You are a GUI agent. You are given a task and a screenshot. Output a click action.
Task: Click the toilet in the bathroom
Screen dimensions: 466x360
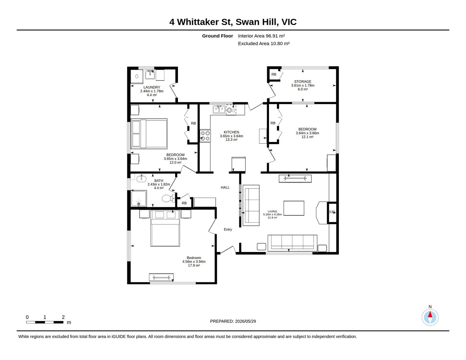[168, 198]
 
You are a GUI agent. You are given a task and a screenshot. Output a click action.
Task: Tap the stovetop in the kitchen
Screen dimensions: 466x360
[205, 136]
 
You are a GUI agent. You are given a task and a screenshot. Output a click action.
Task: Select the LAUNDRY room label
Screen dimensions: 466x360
[152, 87]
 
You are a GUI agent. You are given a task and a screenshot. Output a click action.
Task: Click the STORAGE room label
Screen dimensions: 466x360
[303, 81]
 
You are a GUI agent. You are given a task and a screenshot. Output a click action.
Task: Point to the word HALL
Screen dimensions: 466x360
[225, 187]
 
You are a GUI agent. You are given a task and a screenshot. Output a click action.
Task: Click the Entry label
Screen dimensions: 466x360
[228, 229]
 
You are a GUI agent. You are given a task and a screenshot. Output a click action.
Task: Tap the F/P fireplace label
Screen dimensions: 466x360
[332, 212]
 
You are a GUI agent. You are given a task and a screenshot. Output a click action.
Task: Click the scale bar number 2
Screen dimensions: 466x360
[63, 317]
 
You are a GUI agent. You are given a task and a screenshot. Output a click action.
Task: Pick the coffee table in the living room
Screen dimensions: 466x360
[294, 208]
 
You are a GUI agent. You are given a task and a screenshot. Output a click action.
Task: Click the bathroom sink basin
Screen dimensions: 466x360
[141, 178]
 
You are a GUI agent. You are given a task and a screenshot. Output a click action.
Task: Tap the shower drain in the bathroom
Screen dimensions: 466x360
[139, 204]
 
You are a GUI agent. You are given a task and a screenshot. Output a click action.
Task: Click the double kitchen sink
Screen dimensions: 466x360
[219, 109]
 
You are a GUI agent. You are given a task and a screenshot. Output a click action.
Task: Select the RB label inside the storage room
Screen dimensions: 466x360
[274, 74]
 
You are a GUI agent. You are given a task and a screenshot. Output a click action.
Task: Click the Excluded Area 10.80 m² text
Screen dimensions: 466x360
[264, 44]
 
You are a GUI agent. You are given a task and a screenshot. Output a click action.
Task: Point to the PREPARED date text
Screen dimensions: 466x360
[233, 321]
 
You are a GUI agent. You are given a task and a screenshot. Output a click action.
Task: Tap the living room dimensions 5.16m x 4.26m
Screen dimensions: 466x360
[272, 214]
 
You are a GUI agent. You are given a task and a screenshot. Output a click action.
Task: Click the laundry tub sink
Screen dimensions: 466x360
[150, 74]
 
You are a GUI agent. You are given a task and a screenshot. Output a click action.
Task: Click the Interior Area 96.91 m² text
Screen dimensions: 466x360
[261, 36]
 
